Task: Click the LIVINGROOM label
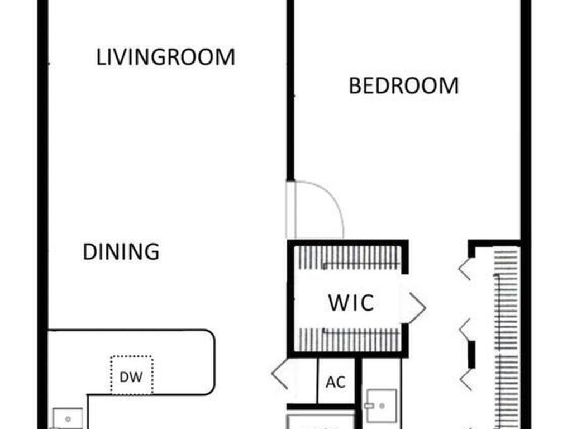point(165,57)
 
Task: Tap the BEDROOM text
point(403,85)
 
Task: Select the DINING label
point(121,252)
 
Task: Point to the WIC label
point(351,302)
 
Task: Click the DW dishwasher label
point(131,377)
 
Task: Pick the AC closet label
point(336,382)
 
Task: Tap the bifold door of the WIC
point(417,308)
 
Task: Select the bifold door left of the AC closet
point(280,374)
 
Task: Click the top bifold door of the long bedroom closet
point(464,269)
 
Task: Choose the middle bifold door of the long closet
point(464,330)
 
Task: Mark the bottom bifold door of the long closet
point(466,380)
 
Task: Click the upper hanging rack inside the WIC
point(349,258)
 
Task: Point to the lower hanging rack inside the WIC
point(349,340)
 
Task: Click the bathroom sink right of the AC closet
point(381,406)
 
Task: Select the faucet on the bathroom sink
point(369,406)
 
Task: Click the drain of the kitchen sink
point(68,419)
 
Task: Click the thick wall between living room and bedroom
point(290,90)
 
